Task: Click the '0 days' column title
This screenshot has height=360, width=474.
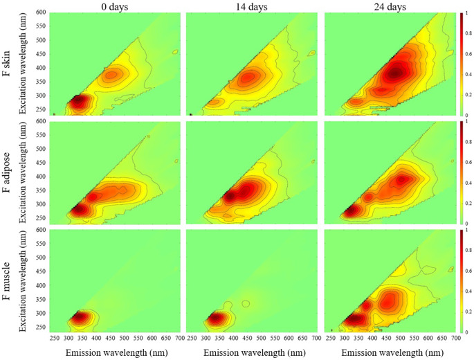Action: tap(115, 7)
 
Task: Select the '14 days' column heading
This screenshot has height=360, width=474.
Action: tap(252, 7)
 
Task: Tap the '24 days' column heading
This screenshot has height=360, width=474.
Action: tap(390, 7)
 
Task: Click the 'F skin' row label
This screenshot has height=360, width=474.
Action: tap(7, 64)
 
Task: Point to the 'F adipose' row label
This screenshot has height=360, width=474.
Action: tap(7, 172)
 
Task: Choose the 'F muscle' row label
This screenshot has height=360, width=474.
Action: tap(7, 281)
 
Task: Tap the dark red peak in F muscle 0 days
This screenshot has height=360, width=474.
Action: tap(79, 317)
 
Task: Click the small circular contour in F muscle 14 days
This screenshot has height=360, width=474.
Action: tap(246, 303)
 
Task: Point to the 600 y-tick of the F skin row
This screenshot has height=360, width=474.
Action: tap(41, 12)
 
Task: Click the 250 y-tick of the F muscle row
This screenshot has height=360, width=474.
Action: tap(41, 327)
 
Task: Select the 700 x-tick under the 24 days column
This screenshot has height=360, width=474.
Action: tap(455, 338)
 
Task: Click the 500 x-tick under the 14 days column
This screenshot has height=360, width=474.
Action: tap(261, 338)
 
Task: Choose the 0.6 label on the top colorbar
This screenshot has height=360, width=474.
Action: tap(468, 54)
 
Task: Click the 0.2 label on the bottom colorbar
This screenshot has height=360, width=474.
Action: tap(468, 312)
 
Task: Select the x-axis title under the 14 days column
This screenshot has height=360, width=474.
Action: tap(255, 352)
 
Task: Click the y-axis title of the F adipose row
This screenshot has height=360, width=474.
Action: tap(23, 172)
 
